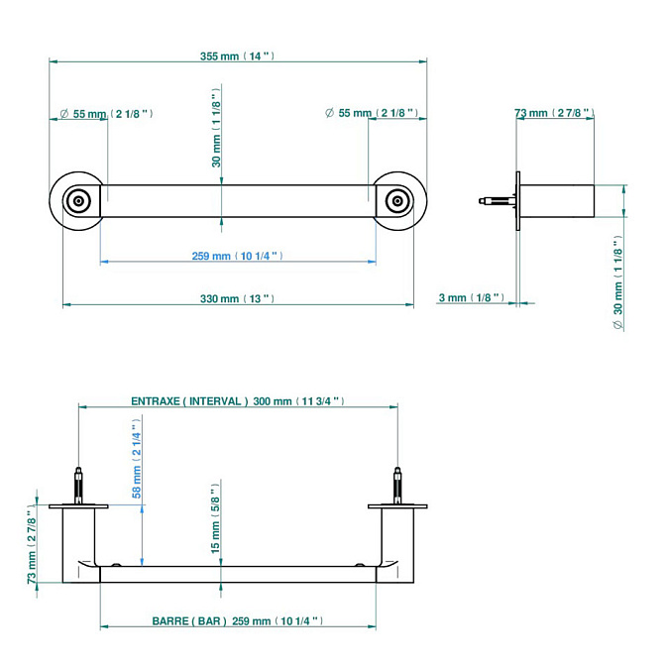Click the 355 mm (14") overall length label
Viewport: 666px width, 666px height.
[x=237, y=56]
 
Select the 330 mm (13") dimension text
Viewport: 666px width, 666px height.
[x=237, y=298]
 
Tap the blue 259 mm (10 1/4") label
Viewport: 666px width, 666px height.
[x=237, y=256]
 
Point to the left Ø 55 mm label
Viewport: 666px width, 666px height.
[x=106, y=114]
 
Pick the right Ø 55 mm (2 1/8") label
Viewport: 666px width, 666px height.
[x=372, y=113]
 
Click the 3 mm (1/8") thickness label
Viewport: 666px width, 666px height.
[x=471, y=297]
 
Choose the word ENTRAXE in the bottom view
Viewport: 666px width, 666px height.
[x=156, y=401]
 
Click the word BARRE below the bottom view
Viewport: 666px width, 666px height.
[x=169, y=621]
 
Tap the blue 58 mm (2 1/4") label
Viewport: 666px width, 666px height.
[x=137, y=459]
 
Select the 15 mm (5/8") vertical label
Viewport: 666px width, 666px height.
[x=216, y=518]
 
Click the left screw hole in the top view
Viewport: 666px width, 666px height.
[x=78, y=200]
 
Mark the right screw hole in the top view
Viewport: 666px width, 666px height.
[x=397, y=200]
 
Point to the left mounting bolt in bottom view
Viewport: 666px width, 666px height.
[x=78, y=486]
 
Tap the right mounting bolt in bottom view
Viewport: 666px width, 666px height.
[x=397, y=486]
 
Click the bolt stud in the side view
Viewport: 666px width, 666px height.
[x=498, y=200]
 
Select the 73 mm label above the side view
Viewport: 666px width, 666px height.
[x=554, y=113]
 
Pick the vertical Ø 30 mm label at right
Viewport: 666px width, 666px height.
[x=618, y=283]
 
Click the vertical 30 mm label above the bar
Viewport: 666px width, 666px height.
[x=216, y=128]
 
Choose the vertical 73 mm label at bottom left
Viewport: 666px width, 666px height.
[x=32, y=545]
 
